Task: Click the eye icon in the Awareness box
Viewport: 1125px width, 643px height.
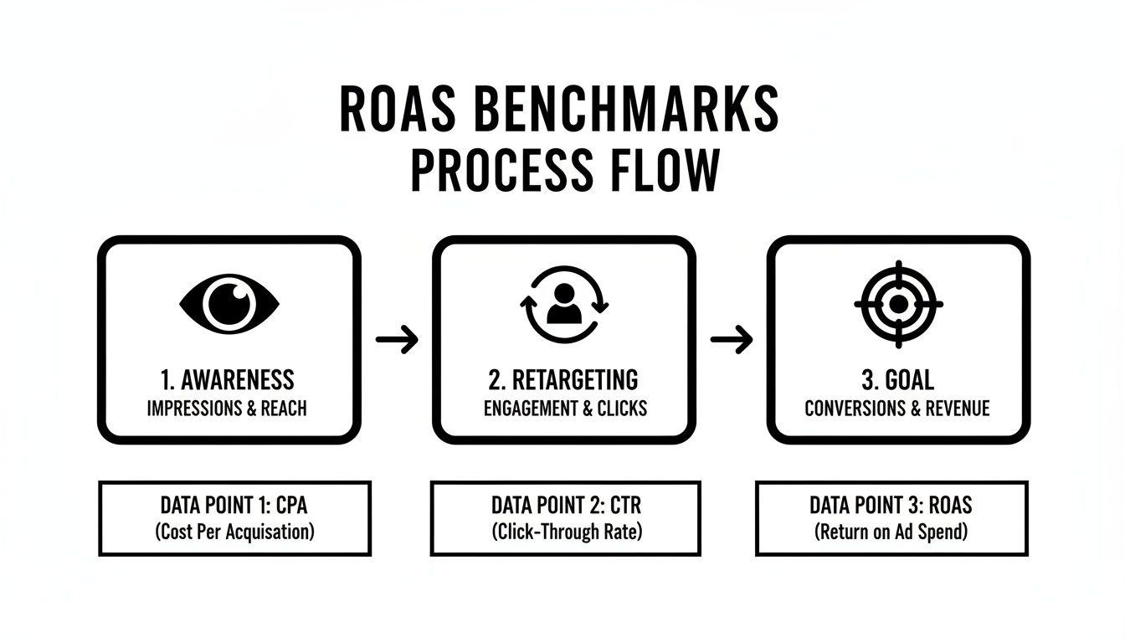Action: click(229, 303)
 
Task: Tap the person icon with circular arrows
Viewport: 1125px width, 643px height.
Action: click(562, 303)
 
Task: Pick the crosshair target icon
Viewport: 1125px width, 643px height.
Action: click(898, 303)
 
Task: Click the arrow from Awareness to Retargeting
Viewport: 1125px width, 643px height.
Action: click(397, 339)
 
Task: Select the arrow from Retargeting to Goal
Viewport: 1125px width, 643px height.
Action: click(731, 339)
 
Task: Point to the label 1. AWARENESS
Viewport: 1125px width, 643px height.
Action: click(227, 380)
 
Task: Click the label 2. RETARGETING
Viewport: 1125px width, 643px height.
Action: click(562, 380)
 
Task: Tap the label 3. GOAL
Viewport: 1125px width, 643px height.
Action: click(897, 380)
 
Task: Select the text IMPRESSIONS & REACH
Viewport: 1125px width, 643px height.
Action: click(227, 409)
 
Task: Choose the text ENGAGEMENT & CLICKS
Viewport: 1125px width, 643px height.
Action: click(565, 409)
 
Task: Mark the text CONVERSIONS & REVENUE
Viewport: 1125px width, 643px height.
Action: click(897, 409)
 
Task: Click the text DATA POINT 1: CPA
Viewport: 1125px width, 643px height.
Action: click(234, 505)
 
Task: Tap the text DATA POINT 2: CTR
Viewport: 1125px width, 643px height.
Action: click(566, 505)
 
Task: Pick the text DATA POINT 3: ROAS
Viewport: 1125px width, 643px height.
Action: click(891, 505)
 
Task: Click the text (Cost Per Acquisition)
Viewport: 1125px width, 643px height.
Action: click(234, 532)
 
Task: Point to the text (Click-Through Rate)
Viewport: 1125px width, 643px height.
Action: click(566, 532)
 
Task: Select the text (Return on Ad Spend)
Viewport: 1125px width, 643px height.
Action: click(891, 532)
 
